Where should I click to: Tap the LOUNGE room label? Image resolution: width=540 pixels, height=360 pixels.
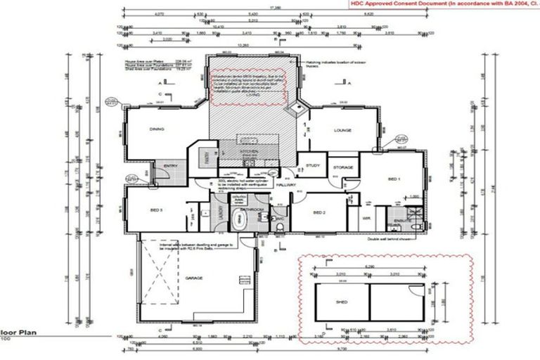pyautogui.click(x=342, y=130)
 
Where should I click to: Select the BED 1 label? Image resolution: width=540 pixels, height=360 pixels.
pyautogui.click(x=394, y=179)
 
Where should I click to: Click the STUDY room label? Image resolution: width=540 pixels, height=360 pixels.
pyautogui.click(x=312, y=166)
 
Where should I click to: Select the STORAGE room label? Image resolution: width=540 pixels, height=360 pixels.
pyautogui.click(x=342, y=167)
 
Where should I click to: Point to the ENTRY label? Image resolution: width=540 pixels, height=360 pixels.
pyautogui.click(x=169, y=166)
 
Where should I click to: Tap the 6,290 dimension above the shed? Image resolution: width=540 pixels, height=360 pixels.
pyautogui.click(x=368, y=267)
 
